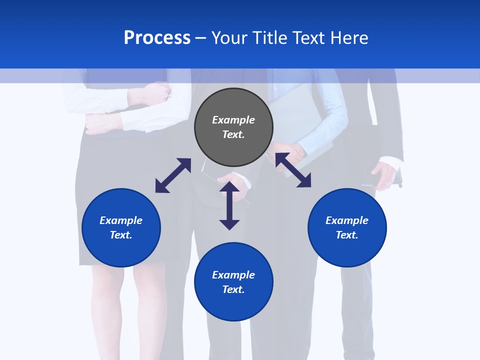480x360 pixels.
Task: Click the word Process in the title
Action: [157, 38]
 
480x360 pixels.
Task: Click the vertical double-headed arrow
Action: [229, 205]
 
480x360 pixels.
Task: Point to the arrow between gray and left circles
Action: [173, 175]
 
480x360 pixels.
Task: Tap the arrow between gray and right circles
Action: [293, 170]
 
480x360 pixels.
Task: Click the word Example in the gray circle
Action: [233, 120]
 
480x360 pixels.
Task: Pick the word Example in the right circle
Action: [347, 220]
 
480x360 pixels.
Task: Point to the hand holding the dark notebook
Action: [385, 175]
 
